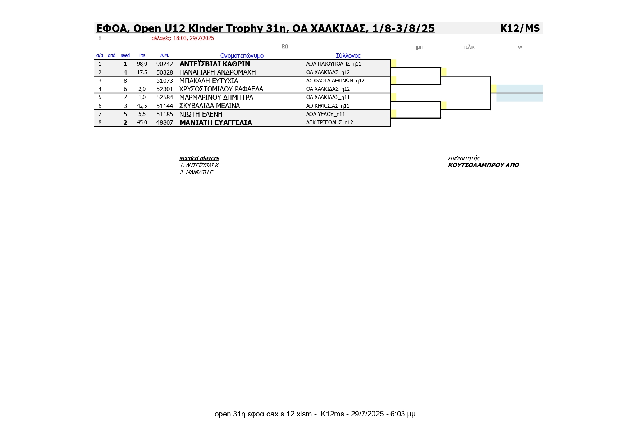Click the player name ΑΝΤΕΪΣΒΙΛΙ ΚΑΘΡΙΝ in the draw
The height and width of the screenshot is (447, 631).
[x=215, y=64]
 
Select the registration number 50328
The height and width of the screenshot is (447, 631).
[x=165, y=72]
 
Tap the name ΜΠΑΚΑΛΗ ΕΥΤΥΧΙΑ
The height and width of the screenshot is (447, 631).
[x=209, y=81]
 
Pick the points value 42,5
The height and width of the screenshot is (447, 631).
[x=142, y=106]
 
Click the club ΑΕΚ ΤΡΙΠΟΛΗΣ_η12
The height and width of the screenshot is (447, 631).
[x=330, y=122]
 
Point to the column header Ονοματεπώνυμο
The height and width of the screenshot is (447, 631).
[x=242, y=55]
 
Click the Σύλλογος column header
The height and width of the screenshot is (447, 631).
[x=348, y=55]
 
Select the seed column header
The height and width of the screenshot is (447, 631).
[x=125, y=55]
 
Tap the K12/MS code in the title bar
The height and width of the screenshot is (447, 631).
[x=520, y=28]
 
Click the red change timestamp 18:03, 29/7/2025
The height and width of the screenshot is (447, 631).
[x=193, y=38]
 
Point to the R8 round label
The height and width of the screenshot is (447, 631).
[x=285, y=46]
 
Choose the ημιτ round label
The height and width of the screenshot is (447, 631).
[x=419, y=47]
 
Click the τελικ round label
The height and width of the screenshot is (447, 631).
[x=469, y=47]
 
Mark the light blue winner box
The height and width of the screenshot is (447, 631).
[x=520, y=93]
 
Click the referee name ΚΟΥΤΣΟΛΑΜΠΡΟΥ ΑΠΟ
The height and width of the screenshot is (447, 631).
[x=483, y=165]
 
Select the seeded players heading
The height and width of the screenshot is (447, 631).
[x=199, y=158]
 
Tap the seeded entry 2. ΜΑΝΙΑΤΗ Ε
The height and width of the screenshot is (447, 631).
[x=196, y=173]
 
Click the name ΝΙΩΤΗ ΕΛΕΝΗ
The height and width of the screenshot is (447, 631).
[x=201, y=114]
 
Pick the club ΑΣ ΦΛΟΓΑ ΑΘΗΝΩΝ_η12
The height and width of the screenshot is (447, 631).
[x=335, y=81]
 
